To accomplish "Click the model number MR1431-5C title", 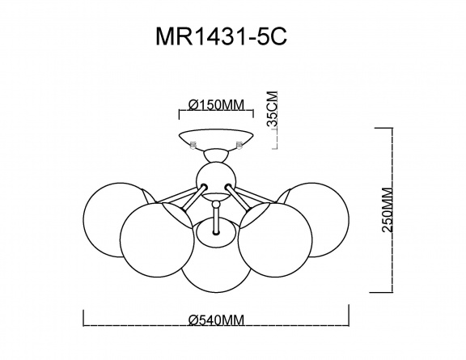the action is (x=222, y=36).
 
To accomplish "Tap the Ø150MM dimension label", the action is (x=216, y=104).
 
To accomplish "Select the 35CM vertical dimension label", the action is (x=272, y=109).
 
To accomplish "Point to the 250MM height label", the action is (x=388, y=210).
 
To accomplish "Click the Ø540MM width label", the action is (x=216, y=320).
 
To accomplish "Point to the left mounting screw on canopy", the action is (x=193, y=145).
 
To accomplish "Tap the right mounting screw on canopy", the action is (x=239, y=145).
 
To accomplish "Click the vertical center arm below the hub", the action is (x=216, y=218).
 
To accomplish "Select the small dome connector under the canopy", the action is (x=216, y=155).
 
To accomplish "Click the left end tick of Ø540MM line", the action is (x=84, y=318).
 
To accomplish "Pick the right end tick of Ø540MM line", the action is (x=349, y=315).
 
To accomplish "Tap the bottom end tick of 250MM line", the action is (x=381, y=292).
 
